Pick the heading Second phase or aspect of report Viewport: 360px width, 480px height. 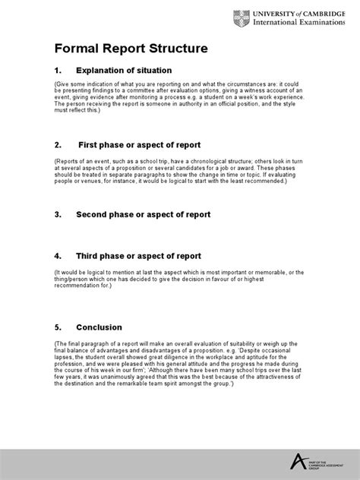(143, 215)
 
